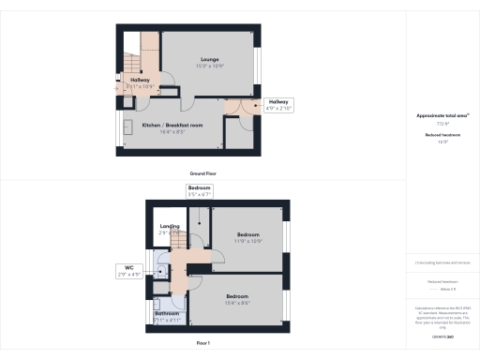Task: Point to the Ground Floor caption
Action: [203, 174]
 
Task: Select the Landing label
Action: [170, 228]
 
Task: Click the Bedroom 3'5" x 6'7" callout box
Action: [199, 192]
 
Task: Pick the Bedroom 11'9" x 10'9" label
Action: [247, 235]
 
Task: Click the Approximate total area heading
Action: [442, 115]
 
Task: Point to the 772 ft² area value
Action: [442, 124]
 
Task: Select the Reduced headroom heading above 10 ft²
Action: [442, 135]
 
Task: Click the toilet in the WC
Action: [161, 272]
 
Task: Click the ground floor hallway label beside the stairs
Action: [141, 83]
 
